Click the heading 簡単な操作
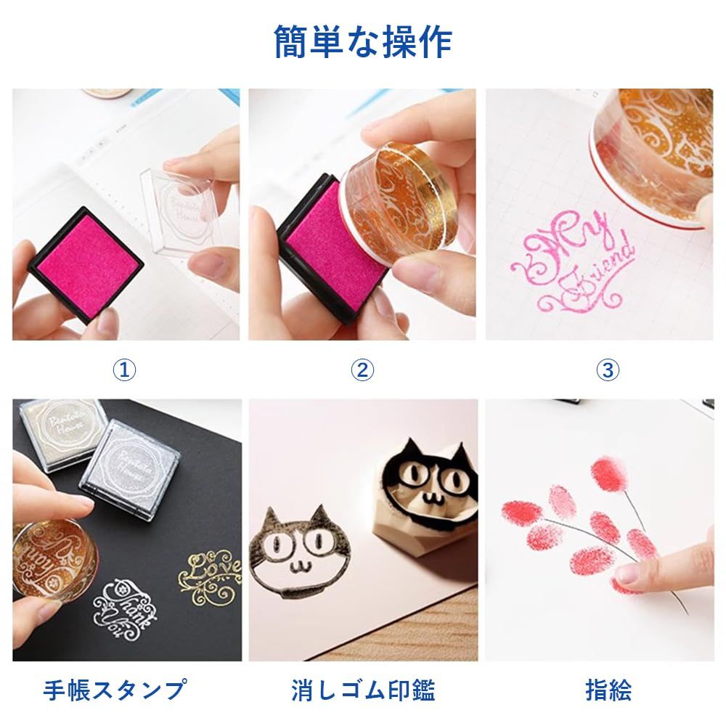tap(363, 41)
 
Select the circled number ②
tap(362, 370)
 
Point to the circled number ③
tap(608, 370)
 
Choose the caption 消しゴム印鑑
tap(363, 689)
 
